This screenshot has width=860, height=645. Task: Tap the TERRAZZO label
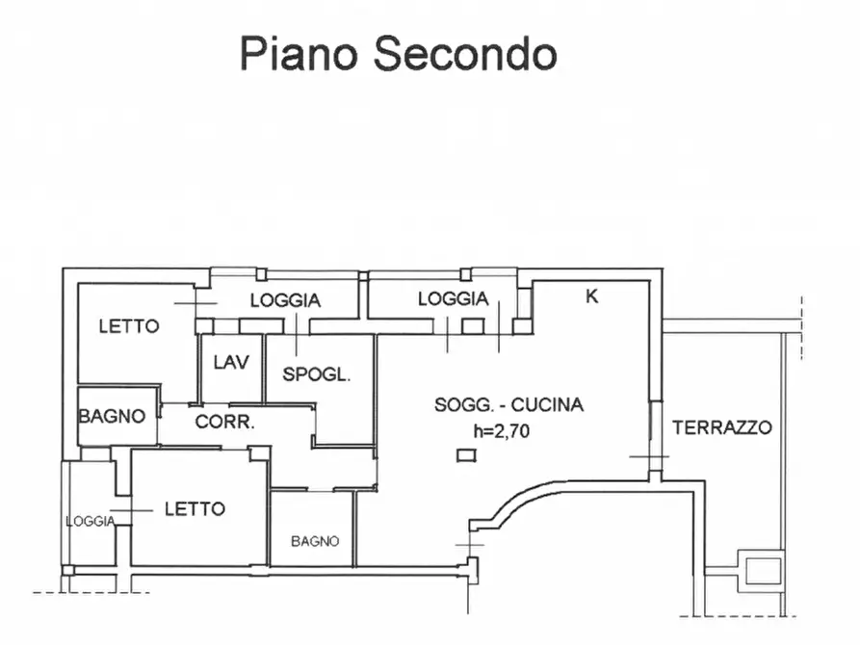(x=722, y=427)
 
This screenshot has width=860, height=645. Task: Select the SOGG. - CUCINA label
(x=508, y=405)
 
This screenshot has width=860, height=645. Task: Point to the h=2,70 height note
(x=501, y=431)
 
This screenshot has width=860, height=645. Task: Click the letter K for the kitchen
(x=592, y=297)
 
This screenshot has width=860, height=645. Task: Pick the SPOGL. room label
(x=316, y=375)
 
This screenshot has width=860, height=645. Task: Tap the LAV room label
(x=231, y=362)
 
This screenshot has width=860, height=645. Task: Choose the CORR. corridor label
(x=224, y=422)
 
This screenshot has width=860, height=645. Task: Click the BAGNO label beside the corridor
(x=112, y=417)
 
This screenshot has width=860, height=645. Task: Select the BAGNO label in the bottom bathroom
(x=315, y=541)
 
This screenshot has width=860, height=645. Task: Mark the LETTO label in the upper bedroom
(x=129, y=326)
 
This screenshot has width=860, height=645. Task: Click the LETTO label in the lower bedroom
(x=195, y=508)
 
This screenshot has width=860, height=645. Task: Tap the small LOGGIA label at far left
(x=91, y=521)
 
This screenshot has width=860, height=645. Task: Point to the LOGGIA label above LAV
(x=285, y=300)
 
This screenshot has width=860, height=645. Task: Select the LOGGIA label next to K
(x=453, y=299)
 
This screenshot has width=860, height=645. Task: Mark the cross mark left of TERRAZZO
(x=656, y=455)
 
